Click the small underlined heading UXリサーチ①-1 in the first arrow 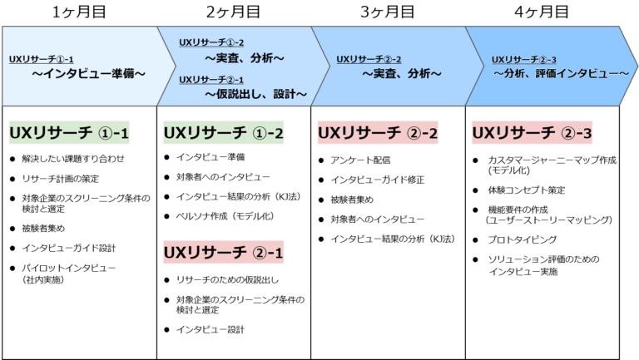coord(42,60)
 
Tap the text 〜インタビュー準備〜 coord(89,74)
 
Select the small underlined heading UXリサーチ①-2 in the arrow coord(211,42)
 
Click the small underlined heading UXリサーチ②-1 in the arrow coord(211,80)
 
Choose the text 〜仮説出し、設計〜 coord(255,95)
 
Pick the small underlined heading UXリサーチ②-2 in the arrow coord(369,60)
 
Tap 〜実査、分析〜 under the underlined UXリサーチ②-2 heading coord(402,74)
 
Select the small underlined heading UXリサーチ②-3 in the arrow coord(524,60)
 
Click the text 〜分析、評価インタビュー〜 coord(562,74)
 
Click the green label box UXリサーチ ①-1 coord(69,133)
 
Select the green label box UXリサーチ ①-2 coord(224,133)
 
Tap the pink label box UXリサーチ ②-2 coord(379,133)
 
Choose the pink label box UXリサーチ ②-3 coord(532,133)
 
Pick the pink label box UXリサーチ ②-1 coord(224,253)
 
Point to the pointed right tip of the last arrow coord(637,67)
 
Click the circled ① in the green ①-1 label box coord(104,134)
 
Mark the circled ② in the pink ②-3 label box coord(567,134)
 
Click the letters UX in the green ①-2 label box coord(174,133)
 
